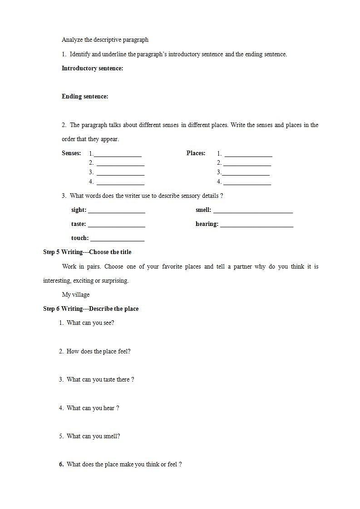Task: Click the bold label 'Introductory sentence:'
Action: [x=92, y=69]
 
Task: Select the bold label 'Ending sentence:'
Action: [x=85, y=97]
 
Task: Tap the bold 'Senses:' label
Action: [x=71, y=153]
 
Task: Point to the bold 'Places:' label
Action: [x=196, y=153]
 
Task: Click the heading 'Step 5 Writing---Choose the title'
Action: [x=87, y=252]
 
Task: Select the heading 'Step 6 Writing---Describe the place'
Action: [x=91, y=309]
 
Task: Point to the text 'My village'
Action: [x=76, y=295]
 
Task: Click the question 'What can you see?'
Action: [x=90, y=323]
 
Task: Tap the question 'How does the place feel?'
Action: [x=99, y=352]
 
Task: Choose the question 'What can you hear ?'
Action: [x=93, y=408]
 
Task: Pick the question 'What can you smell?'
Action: [x=93, y=436]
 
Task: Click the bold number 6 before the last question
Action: [x=61, y=465]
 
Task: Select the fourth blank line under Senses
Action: [x=120, y=184]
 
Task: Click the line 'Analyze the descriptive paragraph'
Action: [x=105, y=40]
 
